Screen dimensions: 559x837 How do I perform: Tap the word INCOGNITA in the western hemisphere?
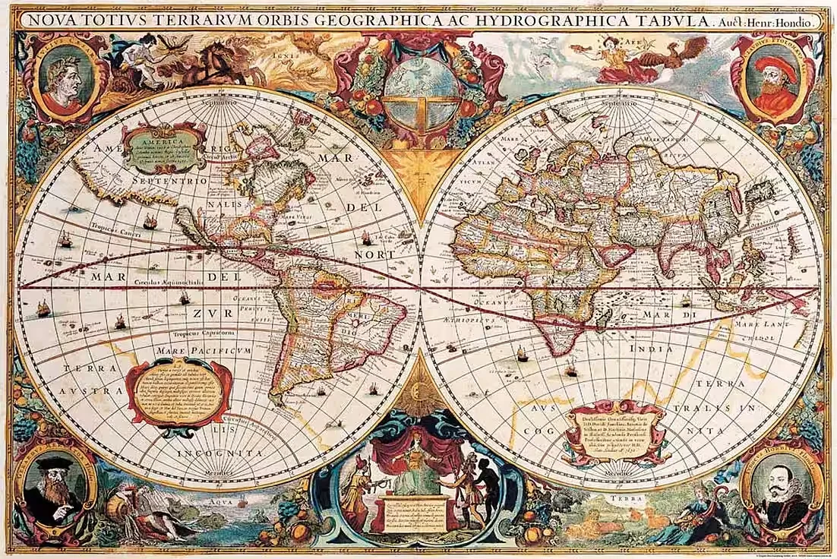220,453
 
